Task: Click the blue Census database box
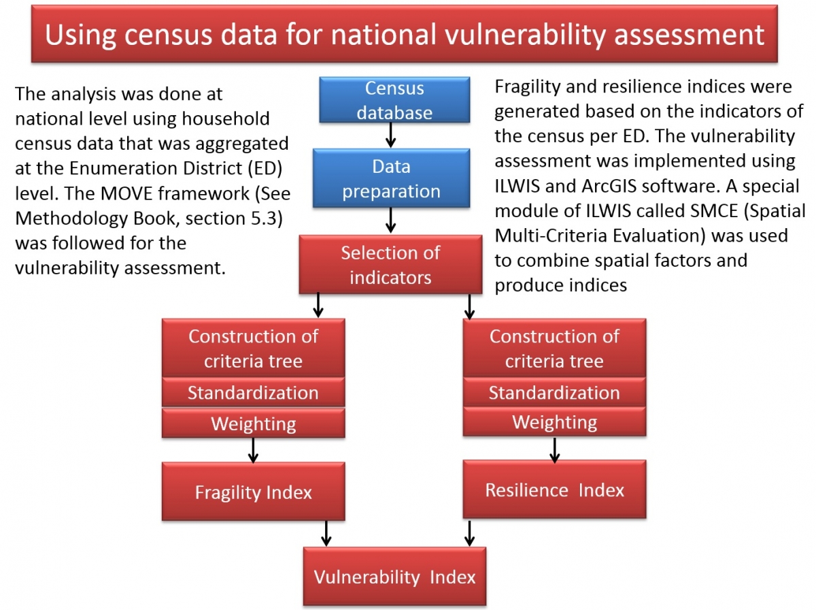click(394, 101)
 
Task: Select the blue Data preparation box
click(391, 178)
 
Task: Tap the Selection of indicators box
click(390, 266)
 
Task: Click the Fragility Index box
click(253, 492)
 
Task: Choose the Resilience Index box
click(554, 489)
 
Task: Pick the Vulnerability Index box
click(394, 577)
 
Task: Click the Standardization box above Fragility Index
click(253, 393)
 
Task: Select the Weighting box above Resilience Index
click(554, 422)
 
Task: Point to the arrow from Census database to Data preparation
click(390, 136)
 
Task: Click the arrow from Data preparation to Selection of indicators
click(390, 219)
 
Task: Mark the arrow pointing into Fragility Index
click(253, 450)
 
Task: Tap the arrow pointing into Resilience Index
click(554, 449)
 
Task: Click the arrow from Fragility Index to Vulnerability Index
click(326, 533)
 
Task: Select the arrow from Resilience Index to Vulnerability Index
click(469, 533)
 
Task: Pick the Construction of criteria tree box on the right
click(554, 349)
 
